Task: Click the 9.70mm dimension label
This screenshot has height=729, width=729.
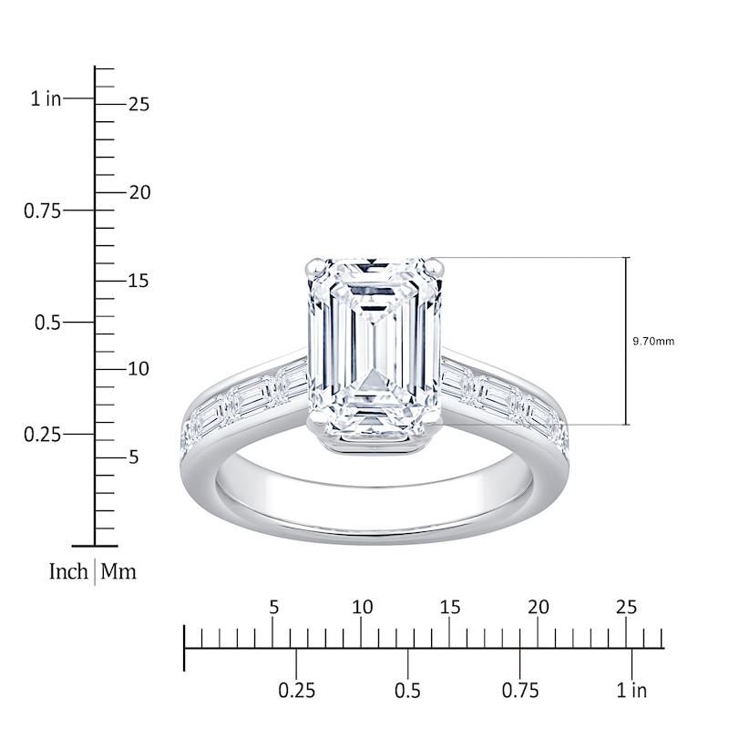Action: [x=653, y=342]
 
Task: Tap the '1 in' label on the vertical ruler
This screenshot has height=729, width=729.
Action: [x=46, y=98]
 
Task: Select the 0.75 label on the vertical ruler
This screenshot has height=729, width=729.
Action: [x=42, y=210]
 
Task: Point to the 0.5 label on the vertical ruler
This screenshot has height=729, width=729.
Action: [x=46, y=323]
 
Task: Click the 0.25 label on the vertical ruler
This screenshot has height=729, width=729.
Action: [x=42, y=435]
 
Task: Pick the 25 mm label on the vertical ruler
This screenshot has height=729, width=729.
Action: [x=139, y=105]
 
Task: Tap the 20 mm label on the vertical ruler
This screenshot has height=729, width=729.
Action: [x=139, y=193]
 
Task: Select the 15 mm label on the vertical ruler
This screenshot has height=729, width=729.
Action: [x=139, y=282]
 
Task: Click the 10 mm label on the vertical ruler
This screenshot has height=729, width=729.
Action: [x=139, y=370]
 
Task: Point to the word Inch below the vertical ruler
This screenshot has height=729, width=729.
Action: [x=68, y=572]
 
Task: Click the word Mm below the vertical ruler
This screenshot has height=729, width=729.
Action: [x=118, y=572]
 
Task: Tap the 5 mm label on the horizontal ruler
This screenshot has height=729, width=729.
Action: [x=272, y=608]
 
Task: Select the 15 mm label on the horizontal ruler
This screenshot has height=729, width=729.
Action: [x=449, y=608]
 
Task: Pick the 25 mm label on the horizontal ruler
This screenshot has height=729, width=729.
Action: [x=626, y=608]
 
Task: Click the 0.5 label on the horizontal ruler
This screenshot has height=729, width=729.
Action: [x=408, y=690]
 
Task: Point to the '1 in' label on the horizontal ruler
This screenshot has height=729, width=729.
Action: [x=631, y=690]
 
